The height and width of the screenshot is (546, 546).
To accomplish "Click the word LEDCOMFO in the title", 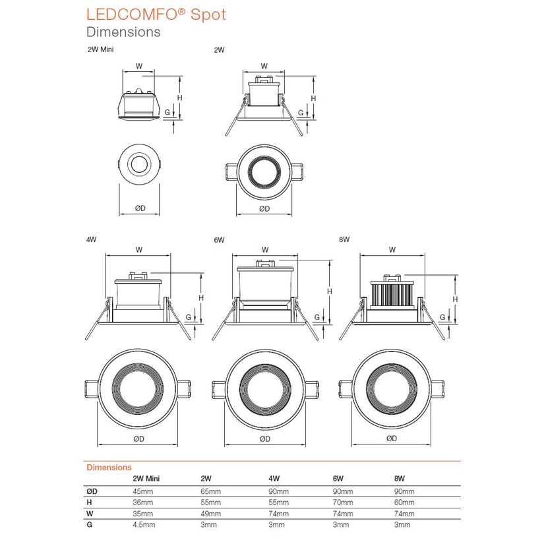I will pyautogui.click(x=129, y=15).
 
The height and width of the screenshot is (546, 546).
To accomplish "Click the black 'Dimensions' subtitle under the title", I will pyautogui.click(x=123, y=32).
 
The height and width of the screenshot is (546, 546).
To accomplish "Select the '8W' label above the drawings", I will pyautogui.click(x=344, y=239).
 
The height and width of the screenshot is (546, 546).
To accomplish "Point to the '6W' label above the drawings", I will pyautogui.click(x=220, y=239).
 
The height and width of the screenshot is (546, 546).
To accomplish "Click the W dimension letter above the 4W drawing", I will pyautogui.click(x=138, y=250).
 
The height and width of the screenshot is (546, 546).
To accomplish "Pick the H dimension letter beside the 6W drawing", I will pyautogui.click(x=328, y=291).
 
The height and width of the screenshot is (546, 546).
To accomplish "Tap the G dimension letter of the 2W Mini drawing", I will pyautogui.click(x=167, y=113).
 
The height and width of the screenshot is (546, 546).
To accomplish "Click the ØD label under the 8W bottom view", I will pyautogui.click(x=391, y=438).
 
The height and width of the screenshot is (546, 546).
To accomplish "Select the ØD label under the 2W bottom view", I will pyautogui.click(x=264, y=208).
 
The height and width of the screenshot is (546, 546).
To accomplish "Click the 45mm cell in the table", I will pyautogui.click(x=142, y=492).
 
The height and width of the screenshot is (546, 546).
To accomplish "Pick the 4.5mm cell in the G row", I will pyautogui.click(x=144, y=525).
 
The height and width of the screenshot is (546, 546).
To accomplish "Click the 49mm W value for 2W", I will pyautogui.click(x=209, y=514).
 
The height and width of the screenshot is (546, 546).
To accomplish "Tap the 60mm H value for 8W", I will pyautogui.click(x=404, y=502).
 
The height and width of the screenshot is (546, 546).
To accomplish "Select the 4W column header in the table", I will pyautogui.click(x=275, y=479).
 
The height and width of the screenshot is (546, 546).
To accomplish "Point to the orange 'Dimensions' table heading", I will pyautogui.click(x=109, y=467).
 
